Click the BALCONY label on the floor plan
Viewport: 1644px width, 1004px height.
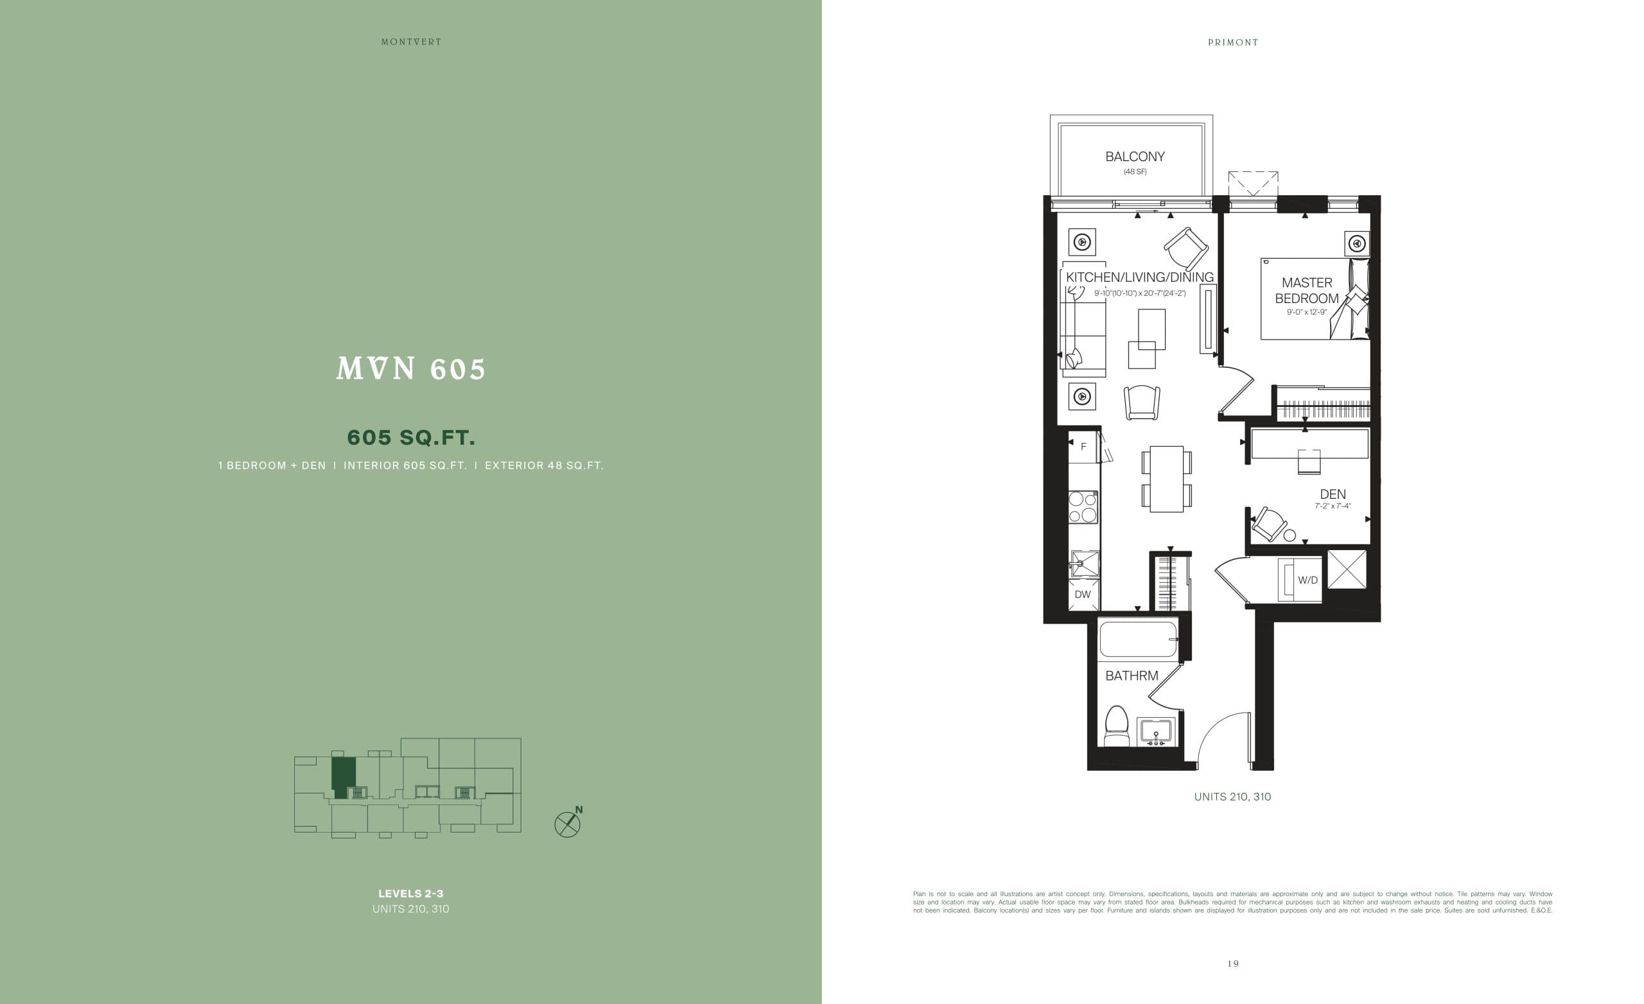1134,157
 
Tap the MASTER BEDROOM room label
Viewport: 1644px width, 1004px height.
1306,291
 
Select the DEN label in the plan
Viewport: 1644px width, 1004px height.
1333,494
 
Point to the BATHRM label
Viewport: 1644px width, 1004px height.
1132,676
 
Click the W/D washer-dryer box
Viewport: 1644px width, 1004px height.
1306,580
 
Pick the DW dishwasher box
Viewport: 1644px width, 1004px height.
1082,594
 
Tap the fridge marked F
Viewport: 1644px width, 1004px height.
1083,447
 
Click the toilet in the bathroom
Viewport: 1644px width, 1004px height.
1116,726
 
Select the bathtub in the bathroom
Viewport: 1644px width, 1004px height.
1137,639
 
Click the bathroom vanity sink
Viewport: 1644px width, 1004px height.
1157,732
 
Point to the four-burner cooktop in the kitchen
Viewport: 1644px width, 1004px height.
1083,507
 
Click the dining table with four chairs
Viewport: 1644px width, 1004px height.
1166,479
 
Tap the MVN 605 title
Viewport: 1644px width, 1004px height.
411,369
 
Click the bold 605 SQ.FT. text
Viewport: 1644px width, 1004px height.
411,438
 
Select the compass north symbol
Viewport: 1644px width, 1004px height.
568,824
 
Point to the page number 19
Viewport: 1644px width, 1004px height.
1233,964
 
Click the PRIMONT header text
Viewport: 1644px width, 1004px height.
1233,42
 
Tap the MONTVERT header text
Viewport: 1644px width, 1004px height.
411,42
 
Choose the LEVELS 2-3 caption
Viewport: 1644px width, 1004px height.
411,893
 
